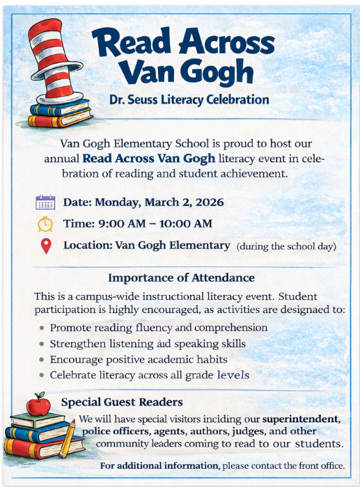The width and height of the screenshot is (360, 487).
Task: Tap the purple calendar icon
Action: (x=45, y=202)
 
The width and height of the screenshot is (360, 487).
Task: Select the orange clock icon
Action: (x=45, y=224)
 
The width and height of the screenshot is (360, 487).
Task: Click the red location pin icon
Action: (x=46, y=246)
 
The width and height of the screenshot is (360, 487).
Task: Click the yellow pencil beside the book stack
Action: (x=69, y=438)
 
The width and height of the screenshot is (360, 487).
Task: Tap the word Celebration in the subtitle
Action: (x=237, y=99)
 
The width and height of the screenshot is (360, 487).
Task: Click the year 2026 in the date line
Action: (x=210, y=202)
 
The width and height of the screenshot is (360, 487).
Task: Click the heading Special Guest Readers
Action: (x=122, y=402)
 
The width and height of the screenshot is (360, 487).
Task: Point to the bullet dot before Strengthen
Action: (x=42, y=344)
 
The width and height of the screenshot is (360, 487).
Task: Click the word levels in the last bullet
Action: (x=233, y=375)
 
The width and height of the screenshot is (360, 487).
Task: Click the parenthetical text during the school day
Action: (x=286, y=246)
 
